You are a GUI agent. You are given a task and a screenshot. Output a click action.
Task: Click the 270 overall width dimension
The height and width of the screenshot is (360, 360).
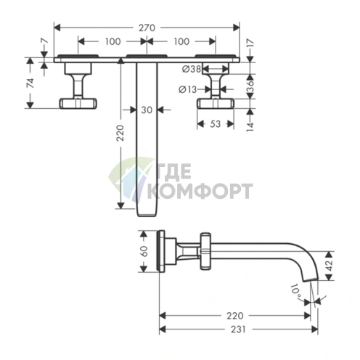(x=147, y=28)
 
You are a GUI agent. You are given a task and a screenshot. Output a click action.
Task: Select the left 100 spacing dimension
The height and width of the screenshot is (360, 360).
(x=112, y=41)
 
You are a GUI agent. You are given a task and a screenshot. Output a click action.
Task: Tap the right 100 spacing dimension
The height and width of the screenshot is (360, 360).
(x=181, y=41)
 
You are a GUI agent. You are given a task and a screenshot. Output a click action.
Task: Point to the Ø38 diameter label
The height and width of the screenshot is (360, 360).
(x=192, y=70)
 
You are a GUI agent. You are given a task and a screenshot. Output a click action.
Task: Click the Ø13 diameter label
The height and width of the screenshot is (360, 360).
(x=188, y=89)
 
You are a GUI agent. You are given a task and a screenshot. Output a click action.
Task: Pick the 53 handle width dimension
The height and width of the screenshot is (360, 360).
(x=215, y=124)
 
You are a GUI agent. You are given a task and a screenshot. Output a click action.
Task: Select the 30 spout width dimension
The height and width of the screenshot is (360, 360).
(x=147, y=110)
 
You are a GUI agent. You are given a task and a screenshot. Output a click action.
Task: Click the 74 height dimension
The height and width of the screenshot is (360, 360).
(x=30, y=83)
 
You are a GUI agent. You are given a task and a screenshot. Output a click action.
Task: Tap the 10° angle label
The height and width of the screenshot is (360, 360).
(x=296, y=290)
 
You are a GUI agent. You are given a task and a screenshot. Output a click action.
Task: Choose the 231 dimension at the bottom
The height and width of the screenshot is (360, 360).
(x=238, y=329)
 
